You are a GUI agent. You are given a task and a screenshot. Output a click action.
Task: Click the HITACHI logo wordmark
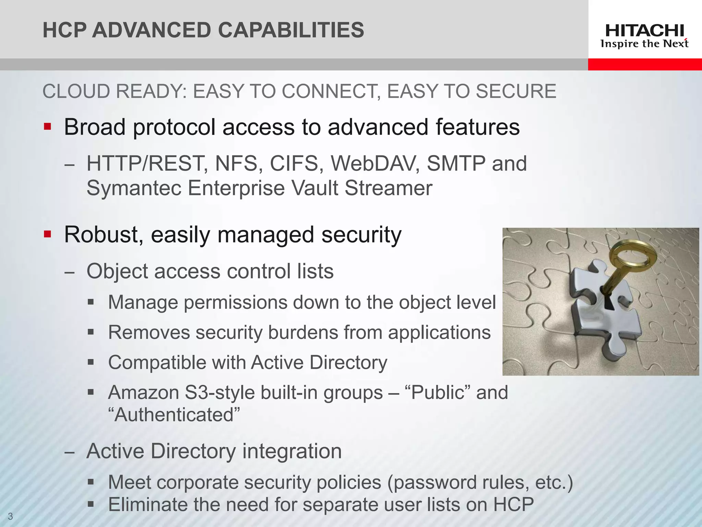pos(644,31)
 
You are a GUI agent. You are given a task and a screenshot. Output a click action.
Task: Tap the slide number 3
pos(10,516)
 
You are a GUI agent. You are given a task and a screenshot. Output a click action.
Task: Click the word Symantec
pos(134,188)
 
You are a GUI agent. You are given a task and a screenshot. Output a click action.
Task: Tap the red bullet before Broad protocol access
pos(47,127)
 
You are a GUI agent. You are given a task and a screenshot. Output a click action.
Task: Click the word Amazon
pos(143,393)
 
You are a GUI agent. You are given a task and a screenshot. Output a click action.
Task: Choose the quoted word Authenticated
pos(174,415)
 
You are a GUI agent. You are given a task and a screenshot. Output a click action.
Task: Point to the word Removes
pos(149,332)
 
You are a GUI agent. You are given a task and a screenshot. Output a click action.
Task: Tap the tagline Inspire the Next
pos(644,44)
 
